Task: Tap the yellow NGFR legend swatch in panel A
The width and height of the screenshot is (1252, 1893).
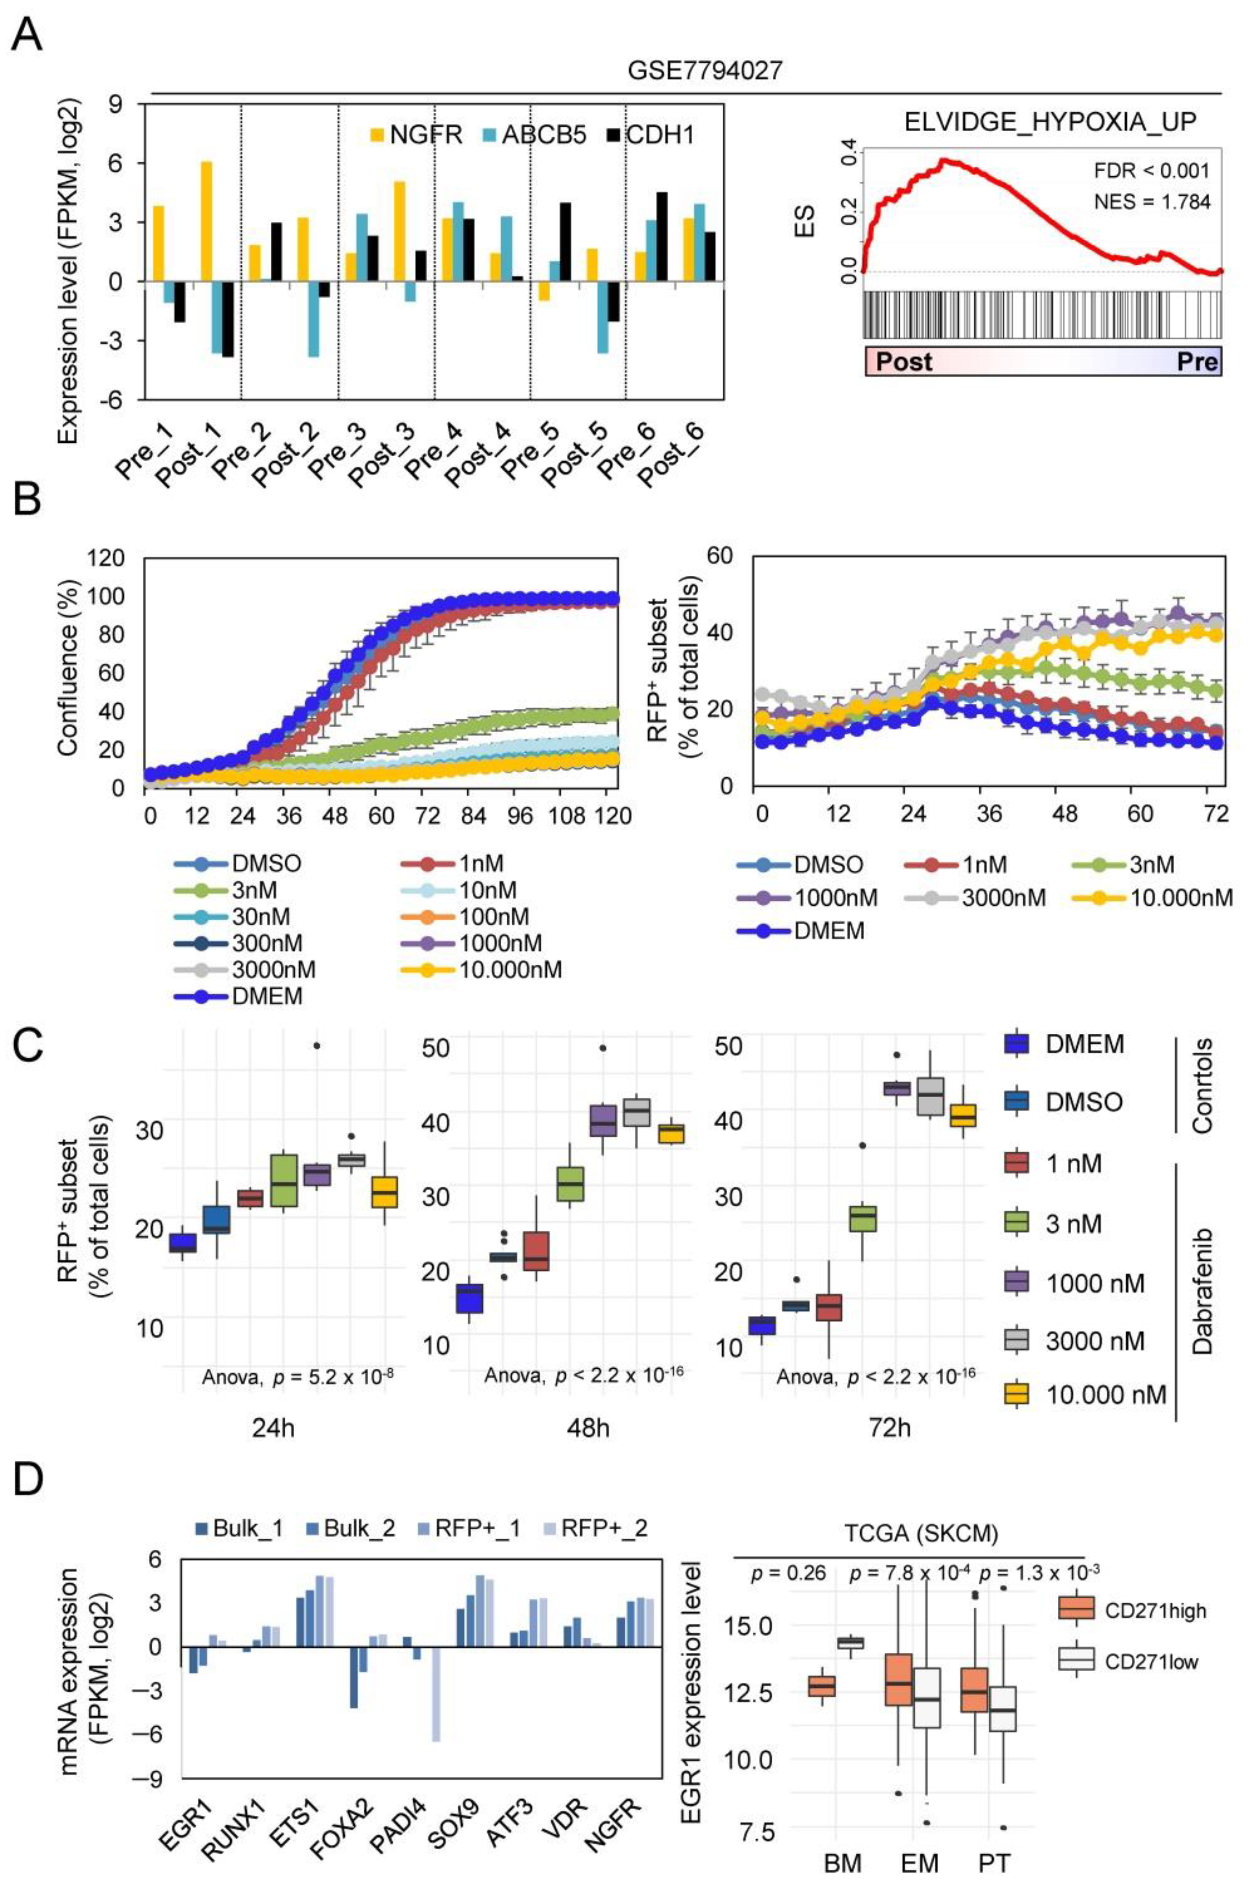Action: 377,134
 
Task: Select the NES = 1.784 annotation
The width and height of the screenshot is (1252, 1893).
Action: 1151,202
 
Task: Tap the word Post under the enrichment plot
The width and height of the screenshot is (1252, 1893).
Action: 904,362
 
